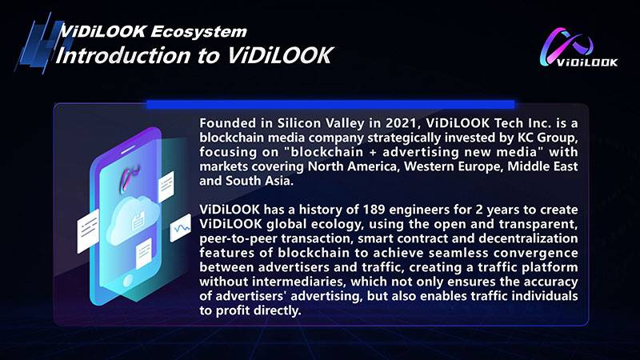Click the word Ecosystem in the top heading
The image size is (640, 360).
[198, 31]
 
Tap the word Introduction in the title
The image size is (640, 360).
[123, 55]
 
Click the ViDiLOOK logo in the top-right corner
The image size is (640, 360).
[578, 47]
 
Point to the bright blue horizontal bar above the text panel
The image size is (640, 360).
[330, 105]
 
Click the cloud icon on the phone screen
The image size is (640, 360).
[132, 219]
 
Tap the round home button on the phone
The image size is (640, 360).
[128, 281]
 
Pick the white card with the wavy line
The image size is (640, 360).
[181, 228]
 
